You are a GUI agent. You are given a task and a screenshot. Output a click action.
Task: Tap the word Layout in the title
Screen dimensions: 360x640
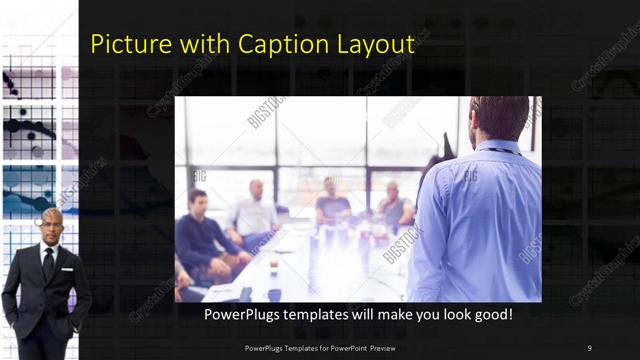pyautogui.click(x=372, y=46)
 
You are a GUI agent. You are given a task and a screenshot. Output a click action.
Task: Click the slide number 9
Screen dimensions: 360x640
pyautogui.click(x=589, y=347)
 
